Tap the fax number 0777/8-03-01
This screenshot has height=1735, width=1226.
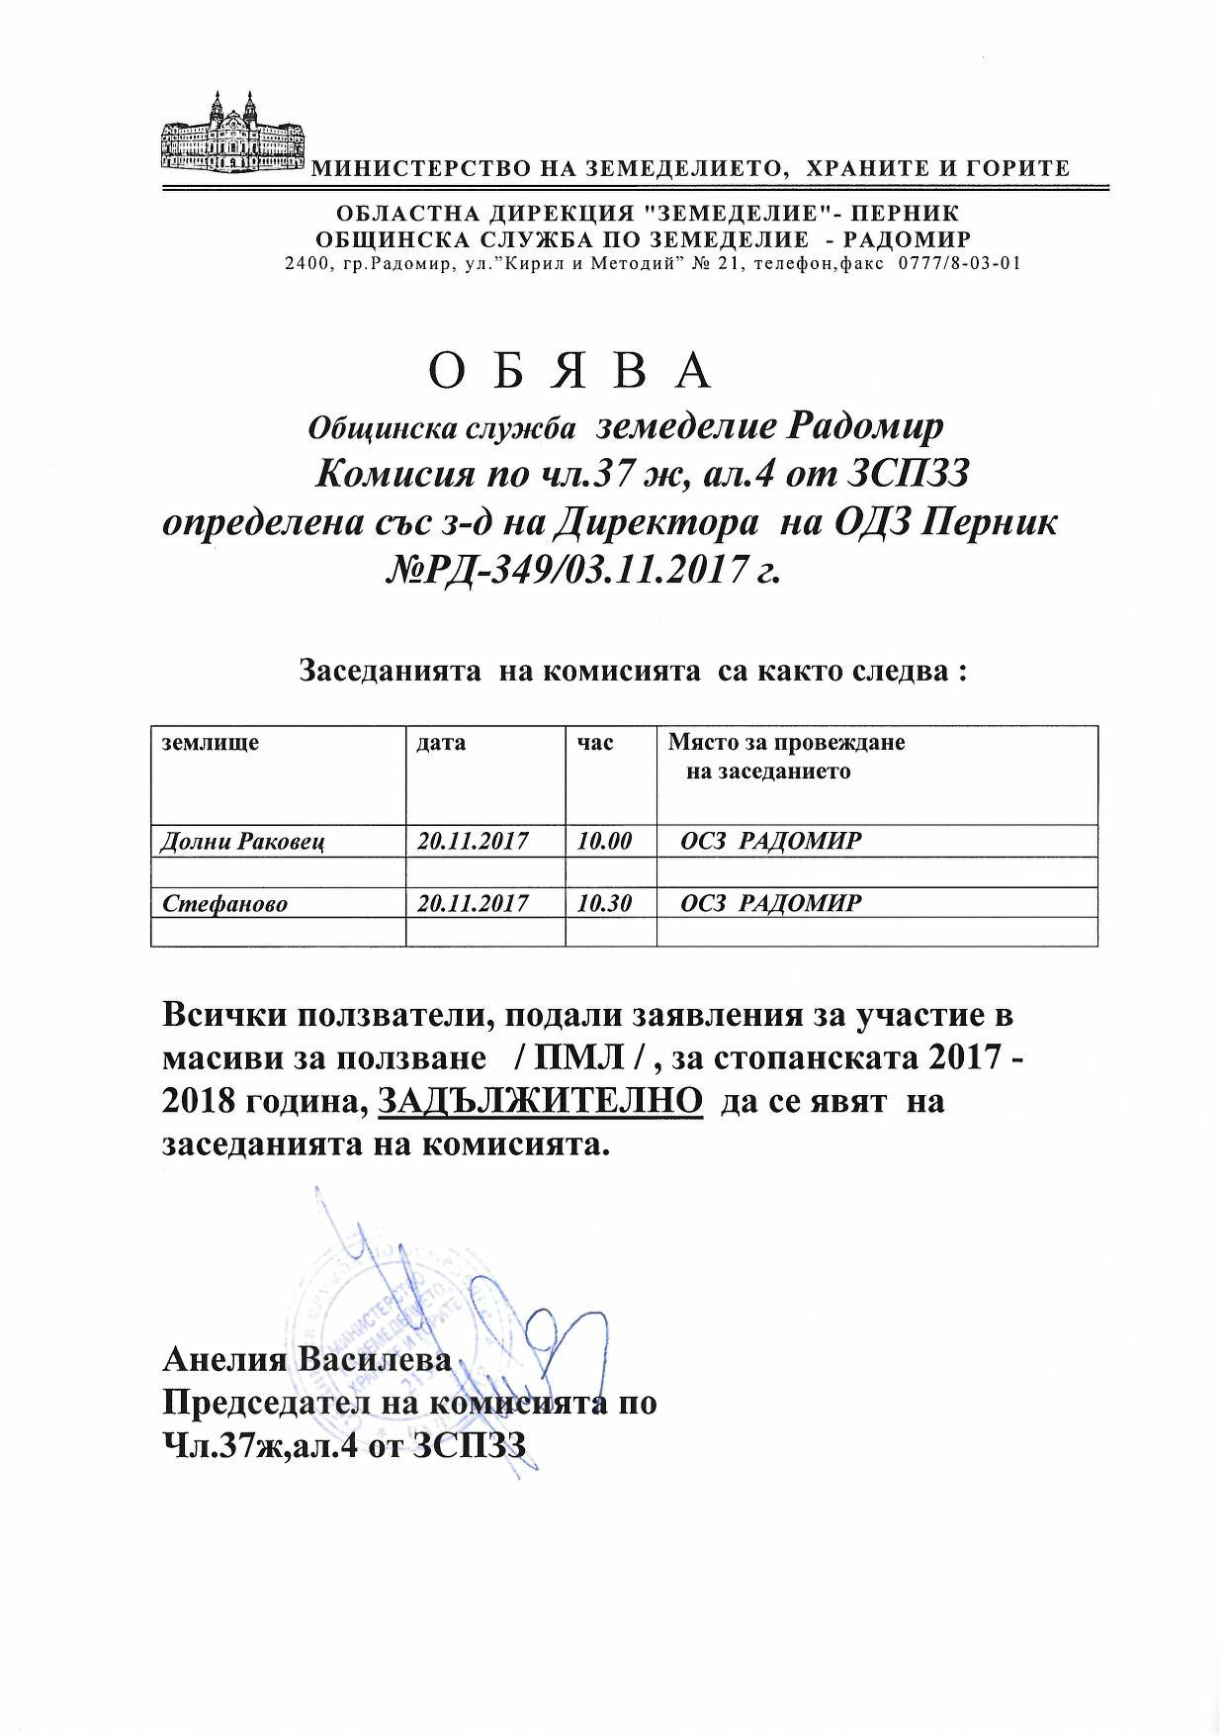pos(958,264)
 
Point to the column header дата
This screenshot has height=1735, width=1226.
pos(442,743)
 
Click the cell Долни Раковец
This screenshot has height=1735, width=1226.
pos(242,842)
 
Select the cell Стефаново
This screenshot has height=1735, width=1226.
pos(224,903)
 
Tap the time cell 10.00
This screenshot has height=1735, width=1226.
pos(604,842)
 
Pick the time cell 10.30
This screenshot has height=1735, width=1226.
pos(604,903)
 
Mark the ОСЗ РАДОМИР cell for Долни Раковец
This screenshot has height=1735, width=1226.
pos(771,842)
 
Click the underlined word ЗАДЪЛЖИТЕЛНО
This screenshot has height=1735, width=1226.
pos(541,1101)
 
